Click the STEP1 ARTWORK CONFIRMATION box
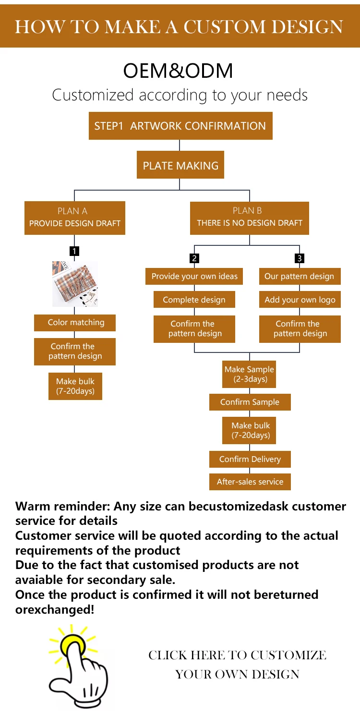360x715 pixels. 180,126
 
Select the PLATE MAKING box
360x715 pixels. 180,166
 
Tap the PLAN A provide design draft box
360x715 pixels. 75,218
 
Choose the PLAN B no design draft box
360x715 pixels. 250,218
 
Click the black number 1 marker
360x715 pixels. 74,251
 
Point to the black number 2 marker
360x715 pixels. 194,258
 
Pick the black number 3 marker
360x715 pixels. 300,258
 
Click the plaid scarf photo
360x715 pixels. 75,284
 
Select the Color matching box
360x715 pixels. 75,322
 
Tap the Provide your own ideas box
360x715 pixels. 194,276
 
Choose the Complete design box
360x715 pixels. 194,300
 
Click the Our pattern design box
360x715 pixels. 300,276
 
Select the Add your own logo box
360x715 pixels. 300,300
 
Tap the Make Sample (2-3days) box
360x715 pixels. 250,374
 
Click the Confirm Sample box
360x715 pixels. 250,402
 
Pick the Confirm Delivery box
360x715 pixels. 250,460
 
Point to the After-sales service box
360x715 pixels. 250,482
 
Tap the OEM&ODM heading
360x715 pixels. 179,71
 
